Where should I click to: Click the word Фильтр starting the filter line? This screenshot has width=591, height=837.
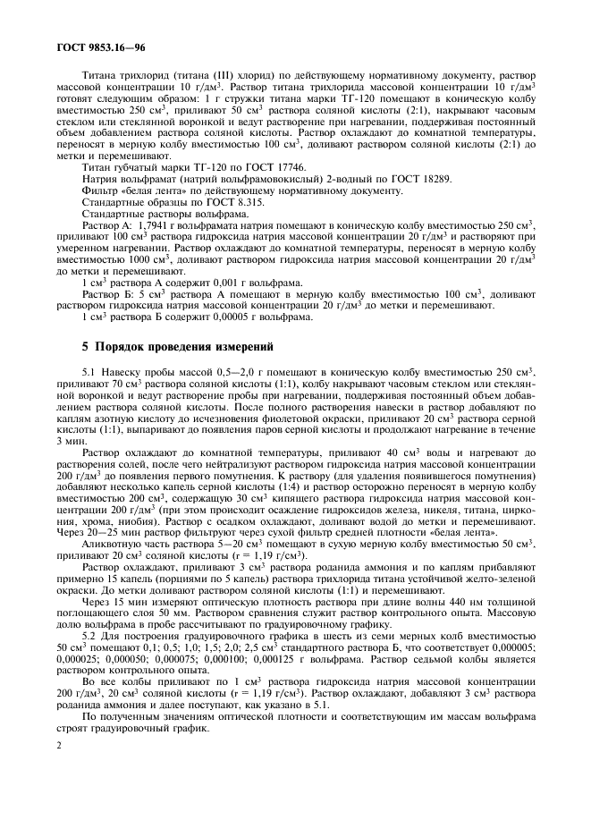click(x=99, y=190)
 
